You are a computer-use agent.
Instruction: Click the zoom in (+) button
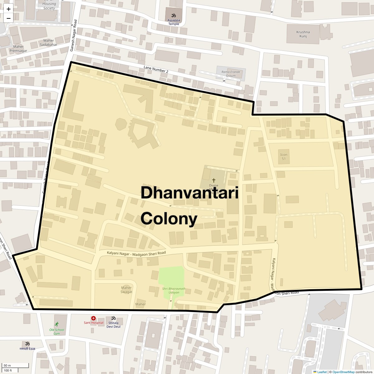click(8, 9)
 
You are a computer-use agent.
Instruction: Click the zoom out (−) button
click(8, 18)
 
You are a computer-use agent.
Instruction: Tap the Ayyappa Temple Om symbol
click(174, 15)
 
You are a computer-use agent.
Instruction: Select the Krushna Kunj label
click(303, 34)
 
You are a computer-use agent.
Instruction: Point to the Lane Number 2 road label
click(156, 70)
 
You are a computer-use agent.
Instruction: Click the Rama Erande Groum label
click(231, 74)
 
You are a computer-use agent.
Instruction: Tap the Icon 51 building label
click(284, 156)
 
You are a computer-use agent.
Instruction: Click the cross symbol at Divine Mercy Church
click(214, 180)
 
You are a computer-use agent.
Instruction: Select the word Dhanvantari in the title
click(189, 193)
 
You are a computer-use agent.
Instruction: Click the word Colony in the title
click(169, 218)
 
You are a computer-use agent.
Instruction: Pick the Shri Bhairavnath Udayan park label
click(174, 290)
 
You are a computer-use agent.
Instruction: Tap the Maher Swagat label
click(126, 290)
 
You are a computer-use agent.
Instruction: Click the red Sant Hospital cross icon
click(93, 318)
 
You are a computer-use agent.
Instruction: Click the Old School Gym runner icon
click(56, 324)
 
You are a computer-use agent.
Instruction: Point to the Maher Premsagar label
click(18, 49)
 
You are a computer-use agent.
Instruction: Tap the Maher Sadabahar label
click(49, 42)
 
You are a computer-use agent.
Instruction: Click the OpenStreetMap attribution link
click(343, 372)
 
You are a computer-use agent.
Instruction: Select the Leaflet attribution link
click(322, 372)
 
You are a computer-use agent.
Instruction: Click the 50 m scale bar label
click(7, 365)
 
